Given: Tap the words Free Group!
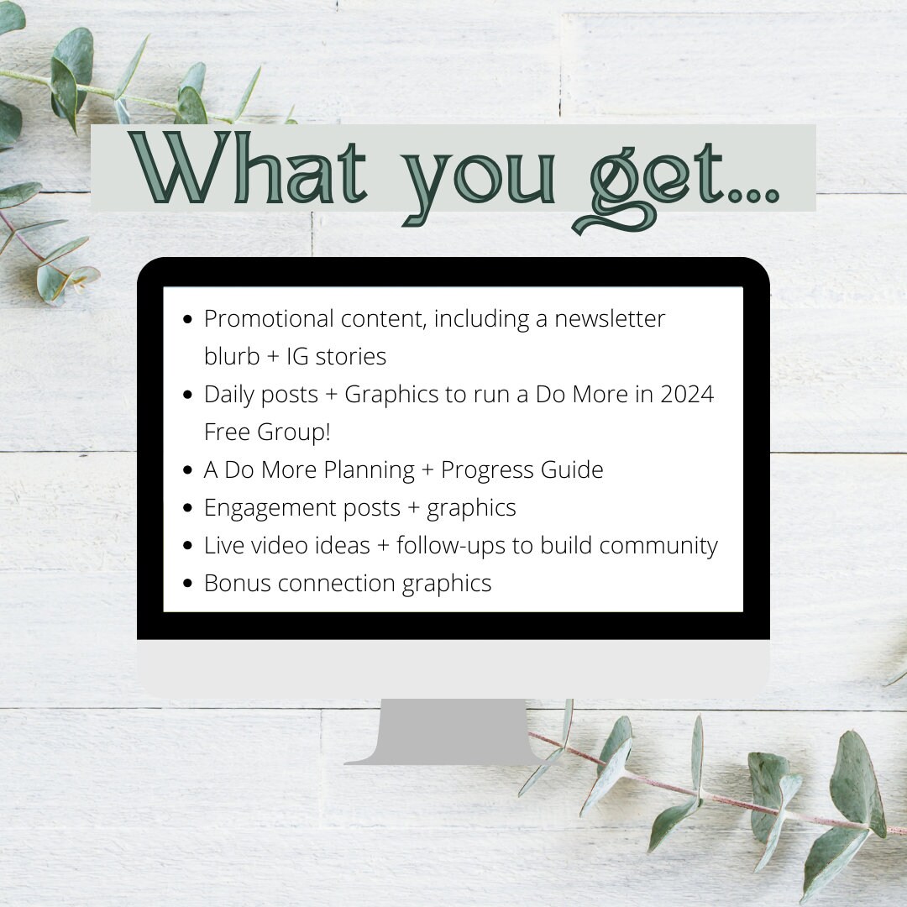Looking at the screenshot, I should coord(267,432).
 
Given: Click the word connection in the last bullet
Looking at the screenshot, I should coord(336,584).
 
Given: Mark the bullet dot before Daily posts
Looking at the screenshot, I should coord(186,395).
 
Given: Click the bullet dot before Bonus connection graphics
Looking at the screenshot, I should coord(186,584).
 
